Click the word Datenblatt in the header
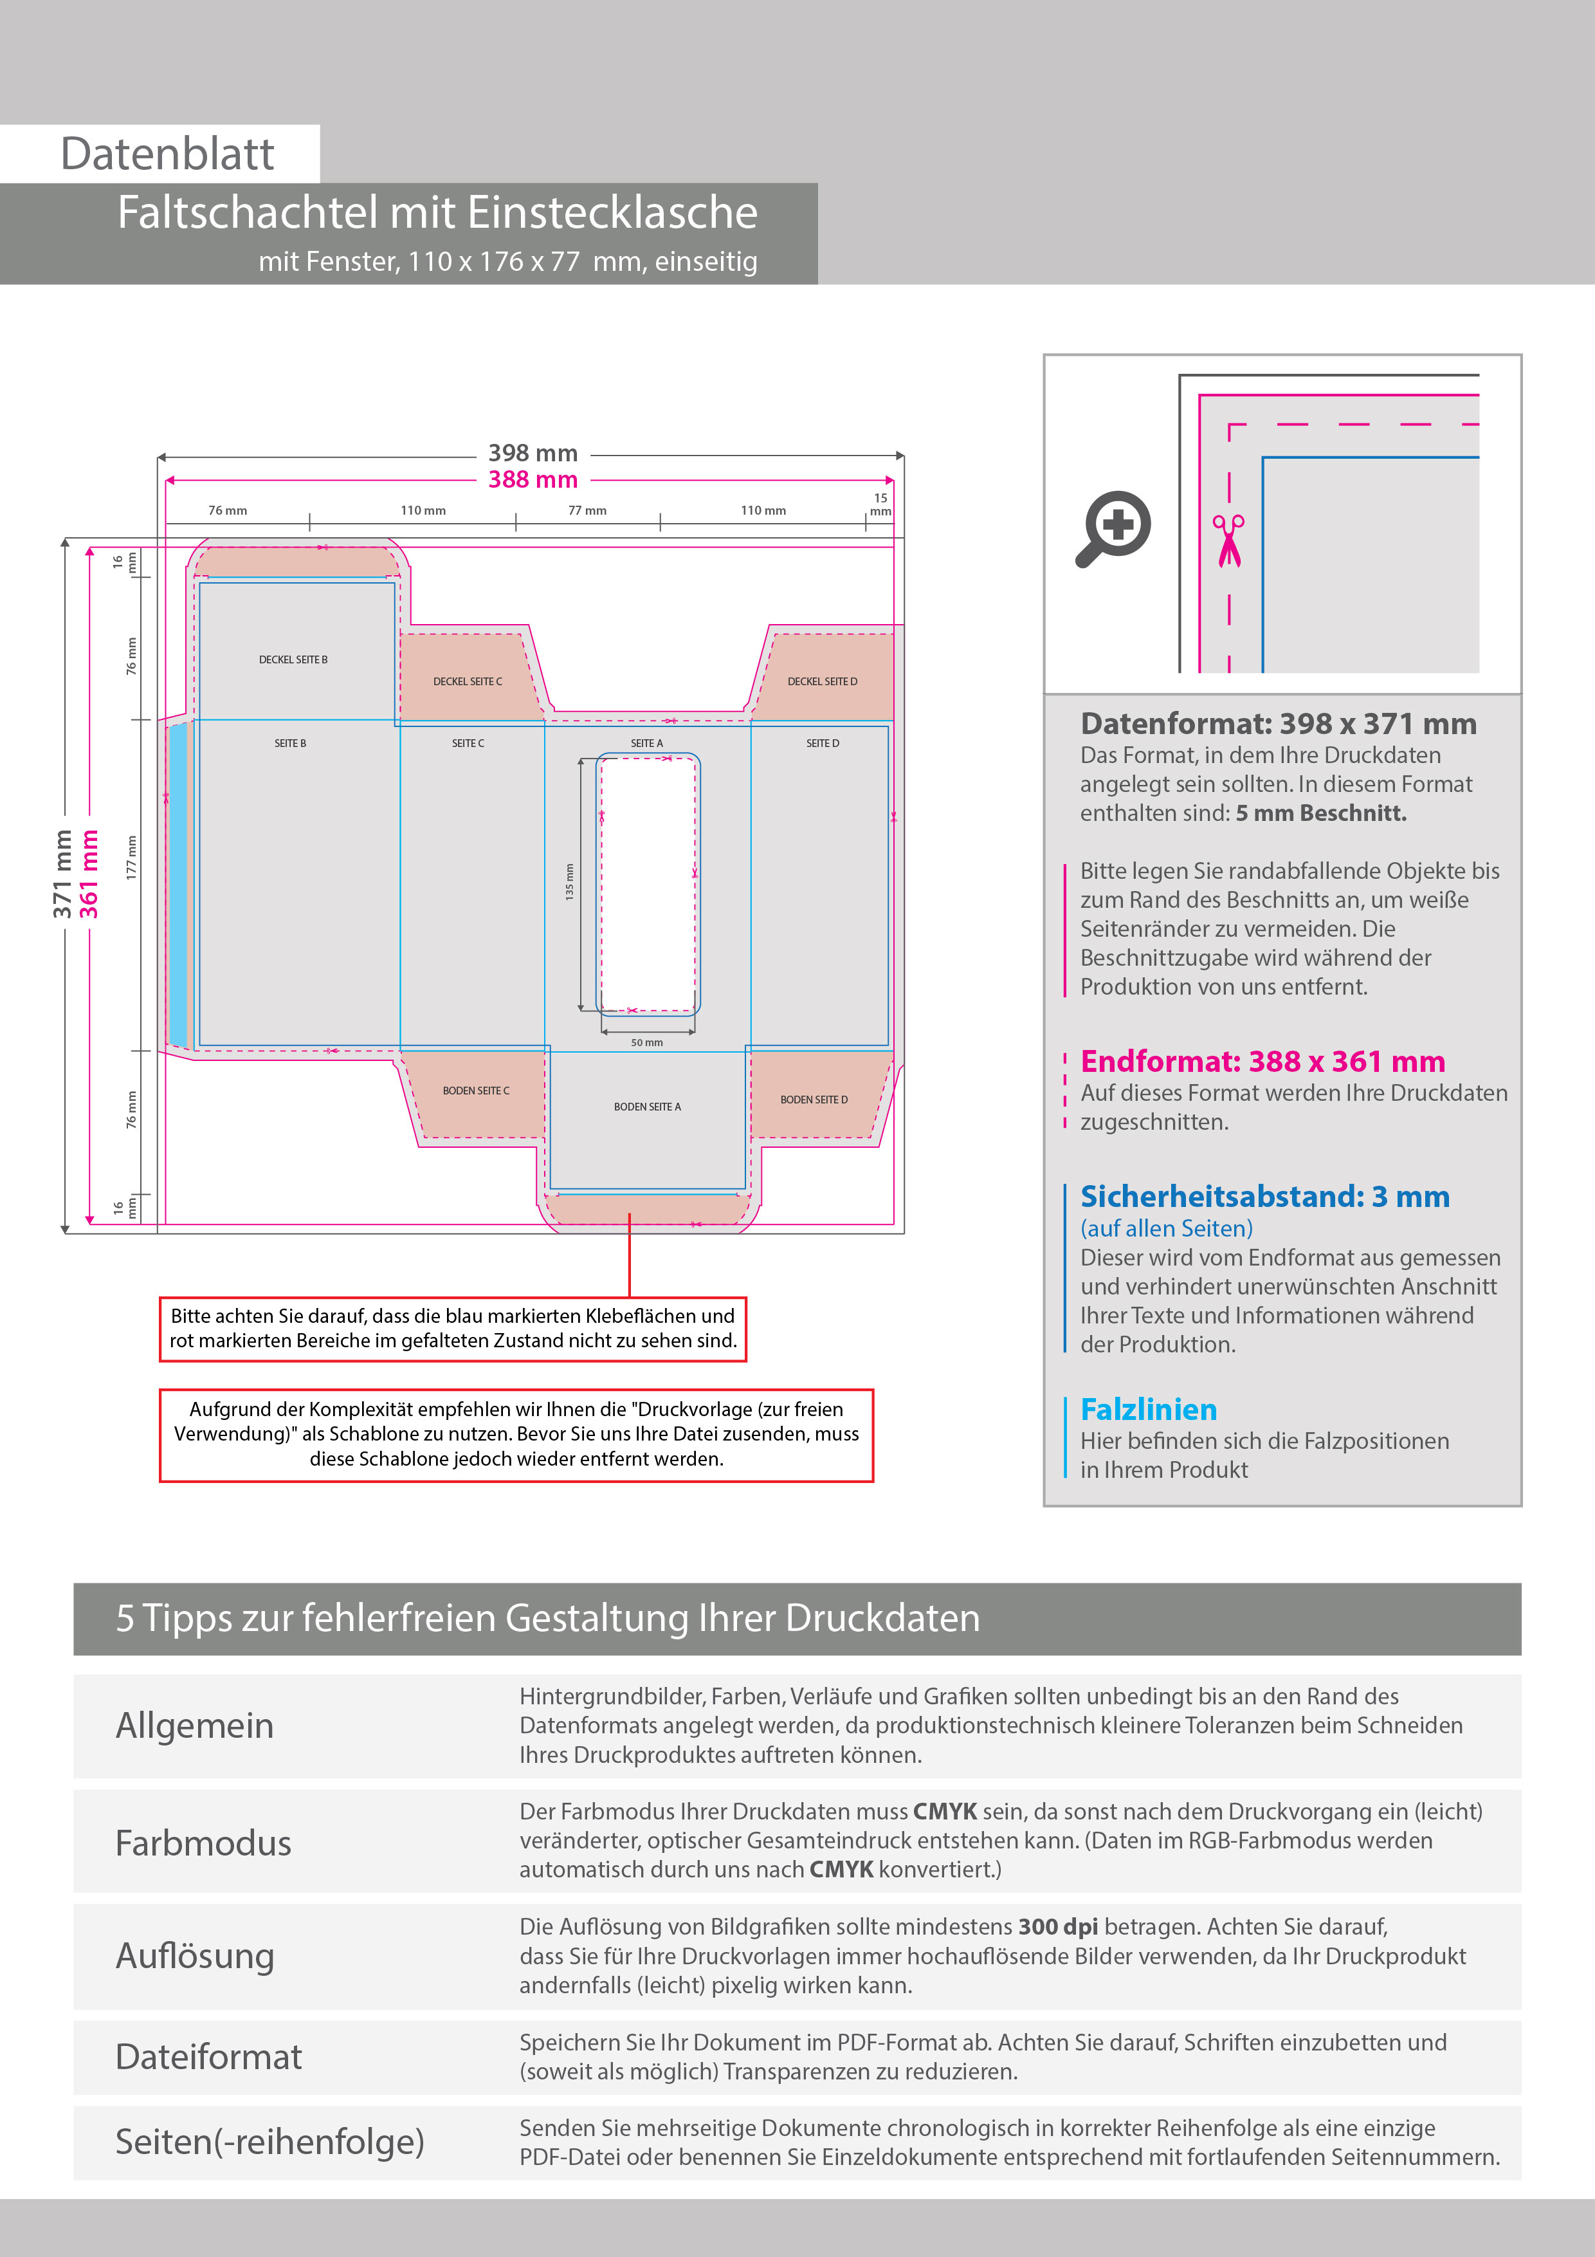click(167, 154)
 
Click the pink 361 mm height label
click(89, 873)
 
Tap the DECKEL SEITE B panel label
click(293, 659)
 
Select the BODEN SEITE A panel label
click(646, 1107)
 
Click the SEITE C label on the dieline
click(468, 743)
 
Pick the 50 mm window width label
click(646, 1042)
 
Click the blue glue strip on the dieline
click(178, 885)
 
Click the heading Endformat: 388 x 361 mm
click(1262, 1062)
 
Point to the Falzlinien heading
click(1148, 1410)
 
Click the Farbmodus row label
click(203, 1843)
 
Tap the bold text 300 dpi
click(1057, 1927)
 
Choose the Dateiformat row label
click(208, 2056)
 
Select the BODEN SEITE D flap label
click(814, 1099)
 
